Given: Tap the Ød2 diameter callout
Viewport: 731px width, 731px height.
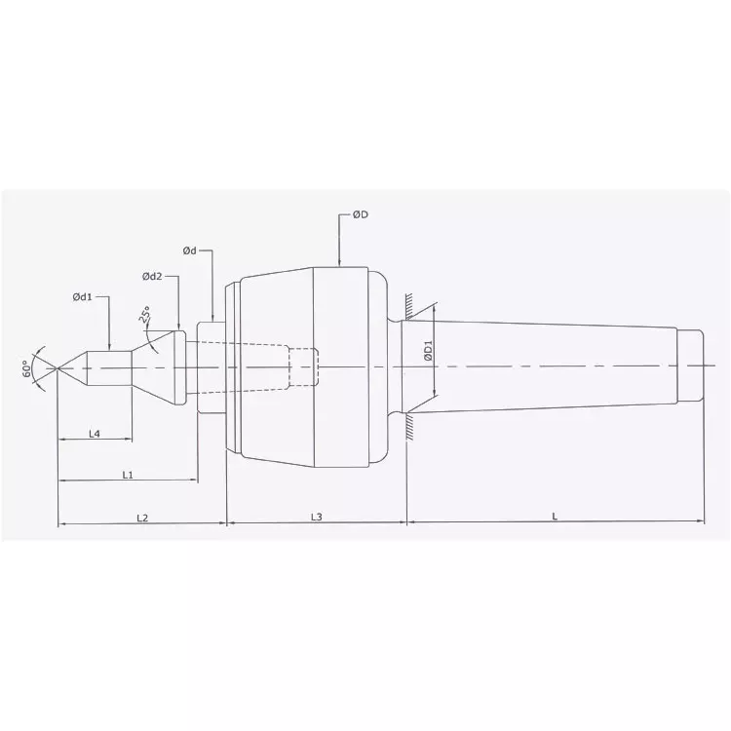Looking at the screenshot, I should pyautogui.click(x=153, y=277).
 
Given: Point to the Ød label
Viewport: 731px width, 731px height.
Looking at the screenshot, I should pyautogui.click(x=189, y=251).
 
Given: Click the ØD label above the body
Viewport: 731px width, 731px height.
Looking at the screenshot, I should pyautogui.click(x=359, y=215).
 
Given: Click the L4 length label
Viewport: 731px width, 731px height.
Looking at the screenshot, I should pyautogui.click(x=96, y=434).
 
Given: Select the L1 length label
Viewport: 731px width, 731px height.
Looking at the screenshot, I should pyautogui.click(x=128, y=475).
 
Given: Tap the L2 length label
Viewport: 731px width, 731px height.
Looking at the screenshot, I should pyautogui.click(x=141, y=517).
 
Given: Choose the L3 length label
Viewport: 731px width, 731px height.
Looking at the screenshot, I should pyautogui.click(x=316, y=517).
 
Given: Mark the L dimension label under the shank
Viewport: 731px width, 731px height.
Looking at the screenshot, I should pyautogui.click(x=554, y=517).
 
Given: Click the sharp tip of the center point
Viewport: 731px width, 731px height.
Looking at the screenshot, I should pyautogui.click(x=58, y=367).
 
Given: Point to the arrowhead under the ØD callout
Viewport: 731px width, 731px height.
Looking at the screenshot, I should pyautogui.click(x=338, y=262).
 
